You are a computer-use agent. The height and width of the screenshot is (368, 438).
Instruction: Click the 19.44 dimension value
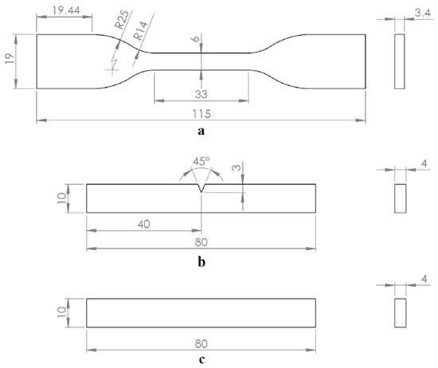click(x=66, y=10)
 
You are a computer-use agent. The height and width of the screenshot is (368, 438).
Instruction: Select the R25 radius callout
click(x=123, y=20)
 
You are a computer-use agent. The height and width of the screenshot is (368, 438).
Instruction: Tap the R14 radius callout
click(x=140, y=30)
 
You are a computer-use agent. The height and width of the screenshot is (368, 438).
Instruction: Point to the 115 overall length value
click(x=201, y=114)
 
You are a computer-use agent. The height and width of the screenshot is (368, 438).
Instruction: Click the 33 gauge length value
click(x=201, y=95)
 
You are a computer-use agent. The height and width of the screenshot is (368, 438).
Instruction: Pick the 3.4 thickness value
click(x=423, y=13)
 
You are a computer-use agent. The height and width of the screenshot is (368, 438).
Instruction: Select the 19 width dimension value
click(x=10, y=58)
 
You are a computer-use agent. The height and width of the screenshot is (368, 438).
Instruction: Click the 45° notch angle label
click(x=201, y=161)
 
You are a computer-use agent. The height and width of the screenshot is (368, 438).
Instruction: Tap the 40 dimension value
click(x=144, y=224)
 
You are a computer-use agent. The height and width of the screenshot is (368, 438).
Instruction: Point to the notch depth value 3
click(x=237, y=167)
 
